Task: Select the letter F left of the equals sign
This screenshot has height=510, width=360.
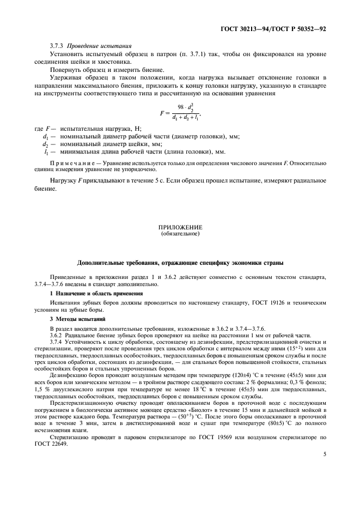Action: [x=161, y=113]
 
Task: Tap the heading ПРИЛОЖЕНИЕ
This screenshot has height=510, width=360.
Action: [x=180, y=227]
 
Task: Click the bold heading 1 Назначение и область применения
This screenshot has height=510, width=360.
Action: [x=96, y=293]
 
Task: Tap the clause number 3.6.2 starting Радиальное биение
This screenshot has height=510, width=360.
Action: [x=57, y=336]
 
